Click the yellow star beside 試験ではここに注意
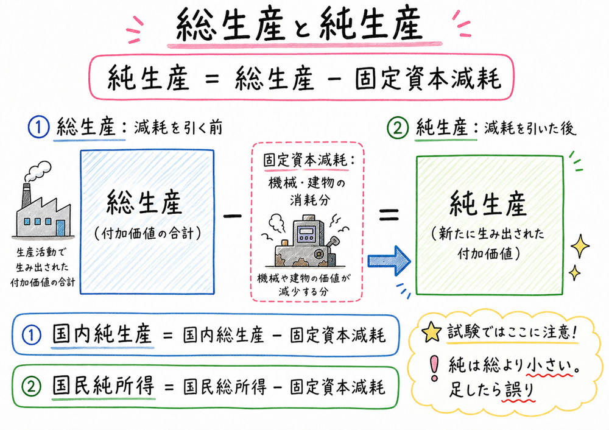click(x=432, y=332)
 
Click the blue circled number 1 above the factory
click(x=38, y=128)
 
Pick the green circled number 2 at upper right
click(x=398, y=128)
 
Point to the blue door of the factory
click(x=60, y=228)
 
